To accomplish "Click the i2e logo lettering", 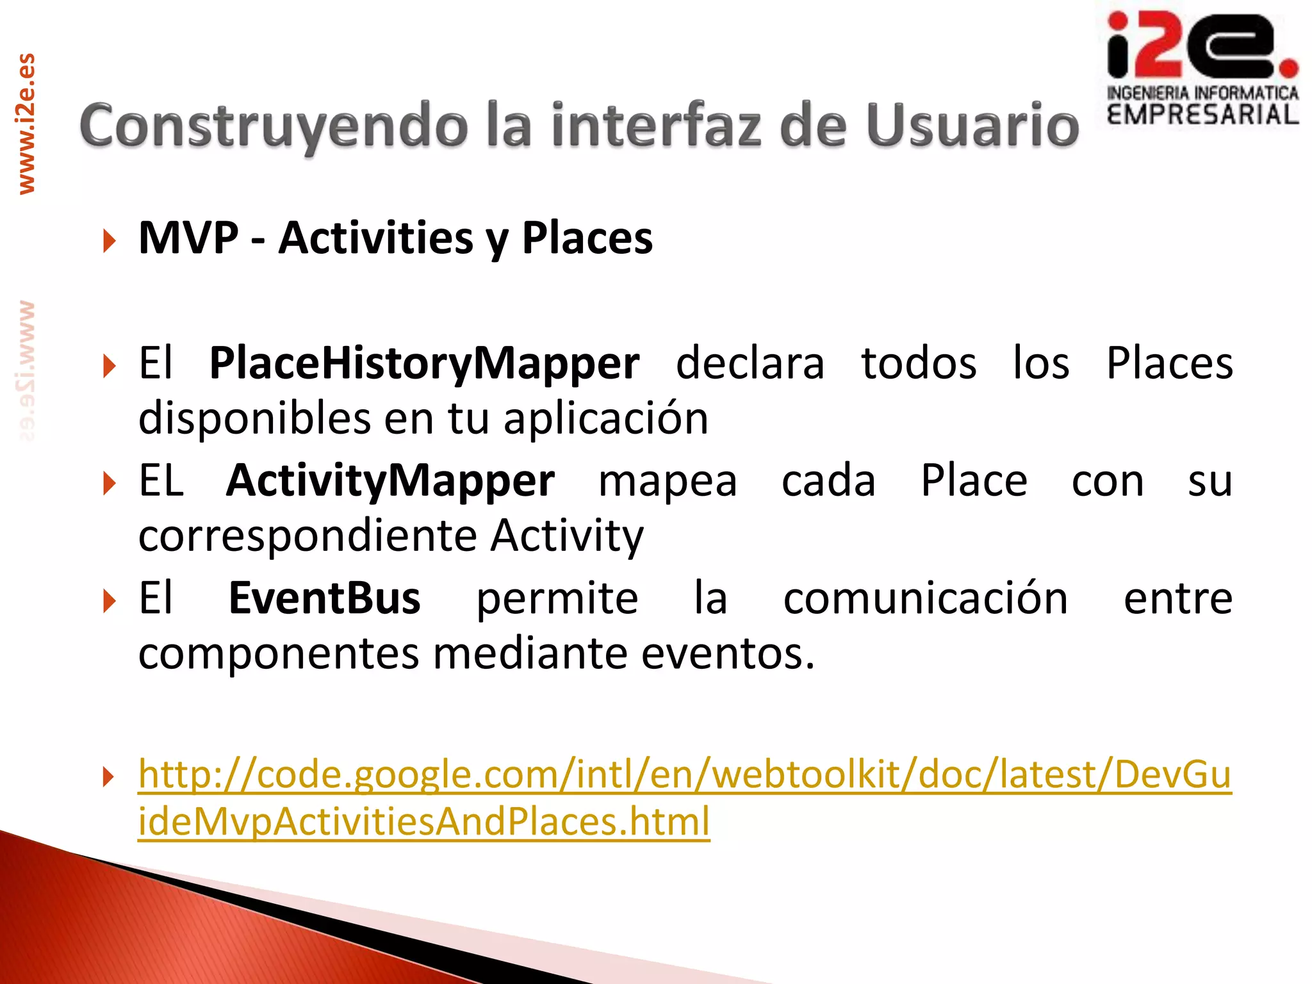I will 1201,46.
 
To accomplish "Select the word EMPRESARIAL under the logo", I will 1202,115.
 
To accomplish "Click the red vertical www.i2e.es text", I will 26,124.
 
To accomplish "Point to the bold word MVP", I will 188,238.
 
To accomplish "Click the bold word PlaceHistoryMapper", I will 424,363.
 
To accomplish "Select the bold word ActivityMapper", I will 390,480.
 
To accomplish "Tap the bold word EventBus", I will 325,598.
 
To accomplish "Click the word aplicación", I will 605,418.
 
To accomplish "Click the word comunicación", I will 925,598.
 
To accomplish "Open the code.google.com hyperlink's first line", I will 684,774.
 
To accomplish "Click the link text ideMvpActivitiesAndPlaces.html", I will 423,821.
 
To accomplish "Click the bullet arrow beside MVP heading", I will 110,242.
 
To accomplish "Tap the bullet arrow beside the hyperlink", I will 110,778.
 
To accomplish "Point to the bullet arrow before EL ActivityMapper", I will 110,484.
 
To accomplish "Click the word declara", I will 750,363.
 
